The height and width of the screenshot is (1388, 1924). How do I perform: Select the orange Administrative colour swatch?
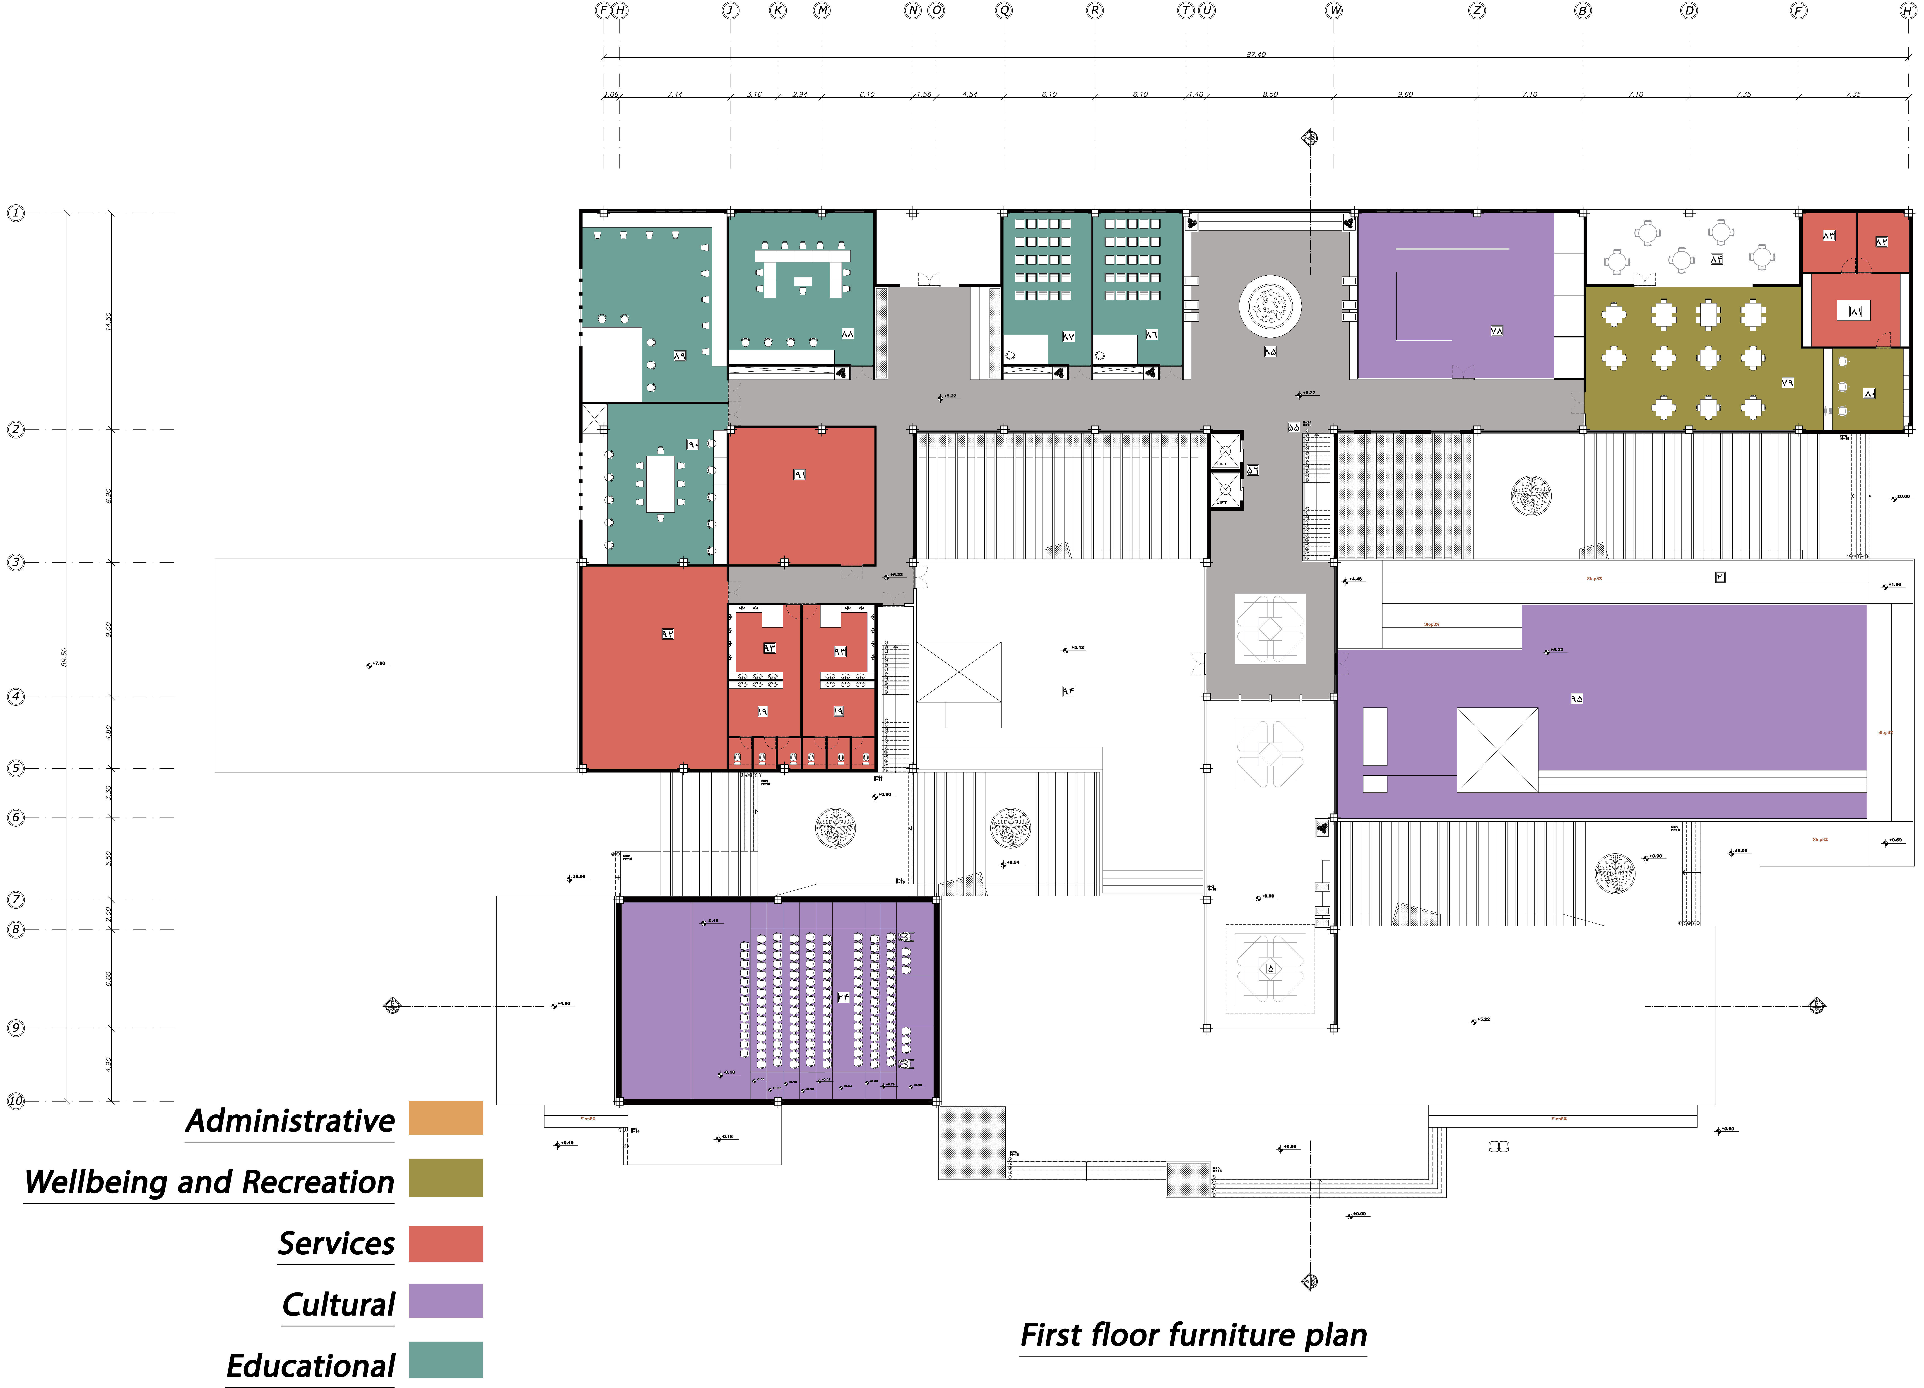[x=445, y=1118]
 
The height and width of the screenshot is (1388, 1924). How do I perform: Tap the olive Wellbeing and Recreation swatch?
[x=445, y=1178]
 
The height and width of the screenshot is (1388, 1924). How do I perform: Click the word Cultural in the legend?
[x=338, y=1304]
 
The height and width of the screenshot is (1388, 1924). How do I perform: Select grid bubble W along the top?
[x=1334, y=10]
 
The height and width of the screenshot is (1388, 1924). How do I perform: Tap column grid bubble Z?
[x=1477, y=10]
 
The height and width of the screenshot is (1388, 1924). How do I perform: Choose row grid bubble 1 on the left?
[x=15, y=213]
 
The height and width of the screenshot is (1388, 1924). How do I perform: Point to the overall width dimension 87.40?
[x=1255, y=54]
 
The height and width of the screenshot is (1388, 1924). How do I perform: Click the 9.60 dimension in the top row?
[x=1405, y=94]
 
